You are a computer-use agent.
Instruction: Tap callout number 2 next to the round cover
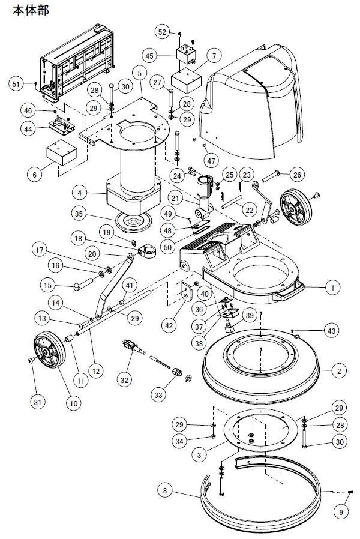338,372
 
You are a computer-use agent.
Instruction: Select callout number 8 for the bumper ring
166,490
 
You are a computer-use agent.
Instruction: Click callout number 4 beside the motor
80,193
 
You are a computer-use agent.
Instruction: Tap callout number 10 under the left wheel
73,403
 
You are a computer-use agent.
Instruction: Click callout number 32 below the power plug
124,380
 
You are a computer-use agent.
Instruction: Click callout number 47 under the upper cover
211,160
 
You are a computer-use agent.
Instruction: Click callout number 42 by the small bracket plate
170,325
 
